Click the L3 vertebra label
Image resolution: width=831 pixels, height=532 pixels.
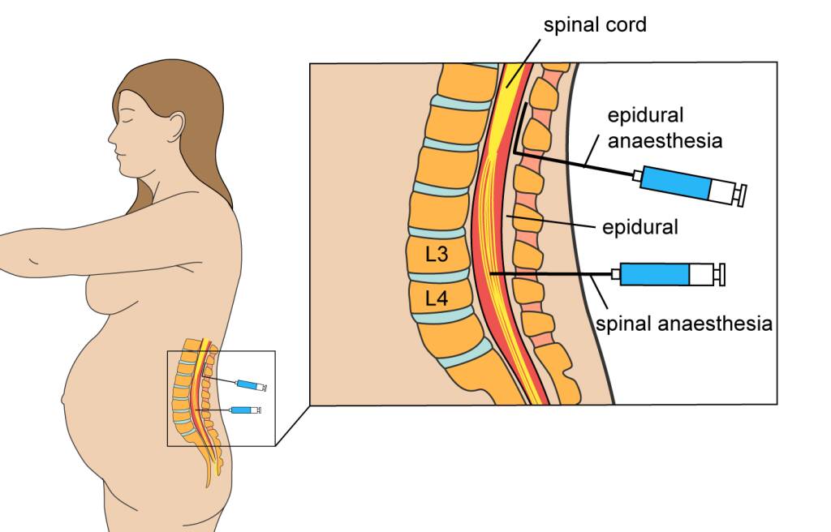(437, 254)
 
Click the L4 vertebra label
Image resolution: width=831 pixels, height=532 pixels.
(437, 298)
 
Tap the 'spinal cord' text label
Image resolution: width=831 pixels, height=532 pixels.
(595, 25)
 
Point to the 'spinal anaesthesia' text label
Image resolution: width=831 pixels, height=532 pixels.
(684, 324)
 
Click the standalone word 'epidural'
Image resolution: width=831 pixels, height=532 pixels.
(639, 227)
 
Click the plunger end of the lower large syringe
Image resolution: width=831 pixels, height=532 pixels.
(720, 274)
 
